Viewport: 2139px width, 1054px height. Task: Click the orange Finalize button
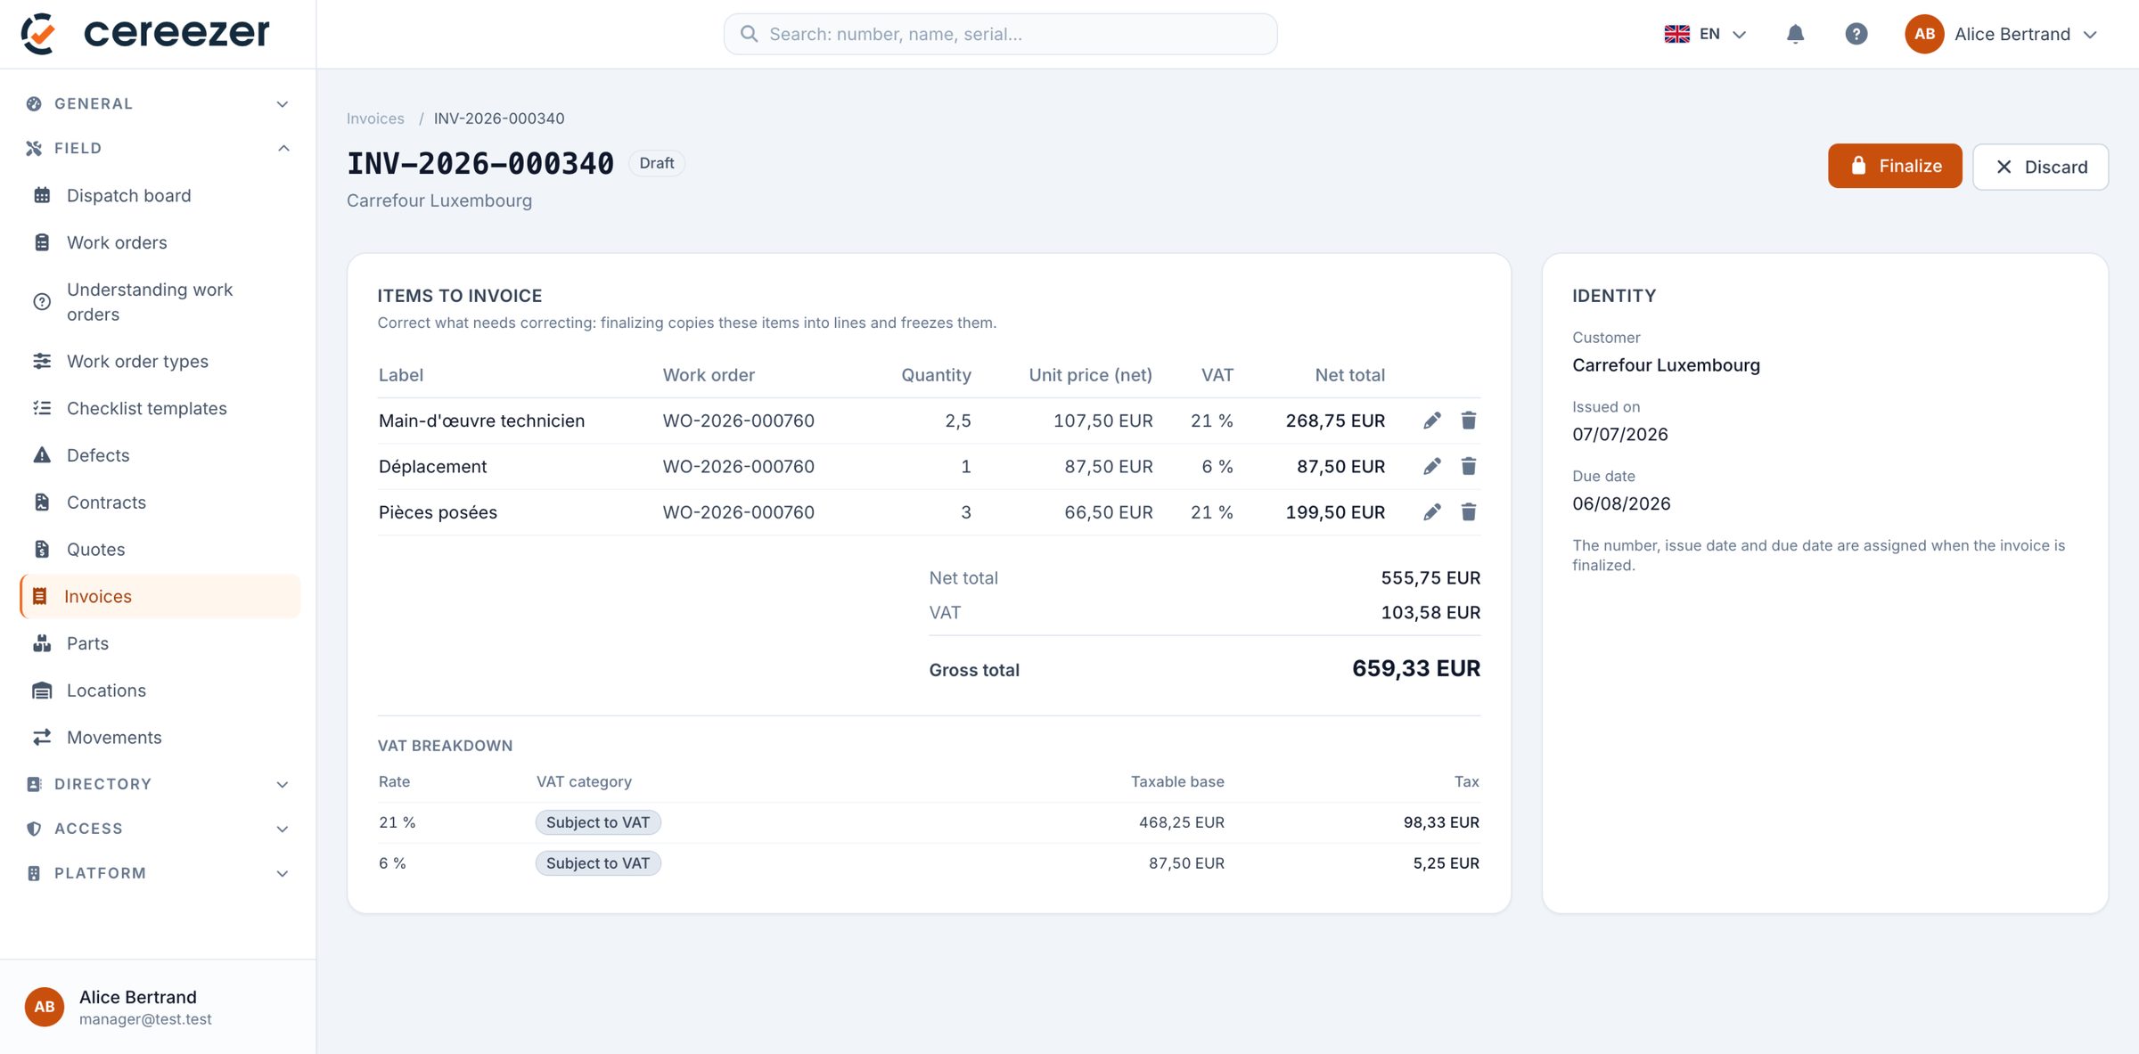point(1894,166)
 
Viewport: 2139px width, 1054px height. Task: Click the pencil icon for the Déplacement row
point(1431,466)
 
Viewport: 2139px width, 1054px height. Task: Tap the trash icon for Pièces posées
point(1468,512)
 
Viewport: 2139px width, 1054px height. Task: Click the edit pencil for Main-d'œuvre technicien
point(1431,421)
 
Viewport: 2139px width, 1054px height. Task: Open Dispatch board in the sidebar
point(128,195)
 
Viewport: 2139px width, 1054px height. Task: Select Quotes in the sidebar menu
point(95,549)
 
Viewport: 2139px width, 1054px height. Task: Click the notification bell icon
point(1795,34)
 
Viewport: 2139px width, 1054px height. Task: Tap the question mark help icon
point(1856,34)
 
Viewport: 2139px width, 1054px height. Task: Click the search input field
point(1000,34)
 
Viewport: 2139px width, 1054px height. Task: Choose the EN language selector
point(1704,34)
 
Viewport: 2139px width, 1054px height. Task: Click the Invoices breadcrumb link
point(375,118)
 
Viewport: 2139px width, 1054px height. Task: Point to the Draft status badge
point(656,163)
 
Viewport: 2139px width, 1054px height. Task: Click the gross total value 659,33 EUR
point(1415,668)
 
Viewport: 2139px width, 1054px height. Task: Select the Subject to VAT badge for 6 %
point(597,862)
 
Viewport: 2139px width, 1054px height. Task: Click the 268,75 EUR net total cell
point(1335,421)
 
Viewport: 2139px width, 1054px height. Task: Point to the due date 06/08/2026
point(1621,503)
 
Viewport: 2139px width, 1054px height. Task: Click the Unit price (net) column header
point(1090,375)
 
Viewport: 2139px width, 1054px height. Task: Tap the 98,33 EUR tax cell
point(1441,822)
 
